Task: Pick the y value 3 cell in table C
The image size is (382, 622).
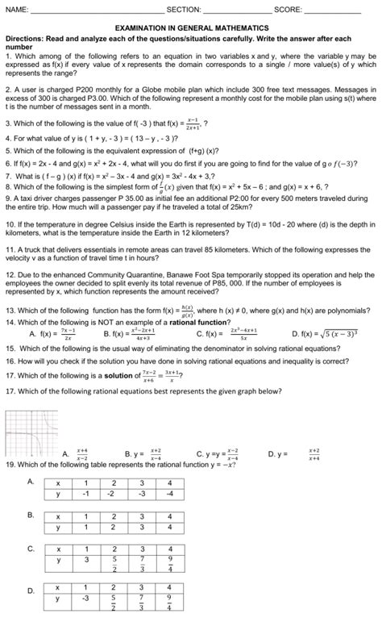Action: [85, 557]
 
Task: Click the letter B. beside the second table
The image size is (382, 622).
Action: [31, 514]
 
